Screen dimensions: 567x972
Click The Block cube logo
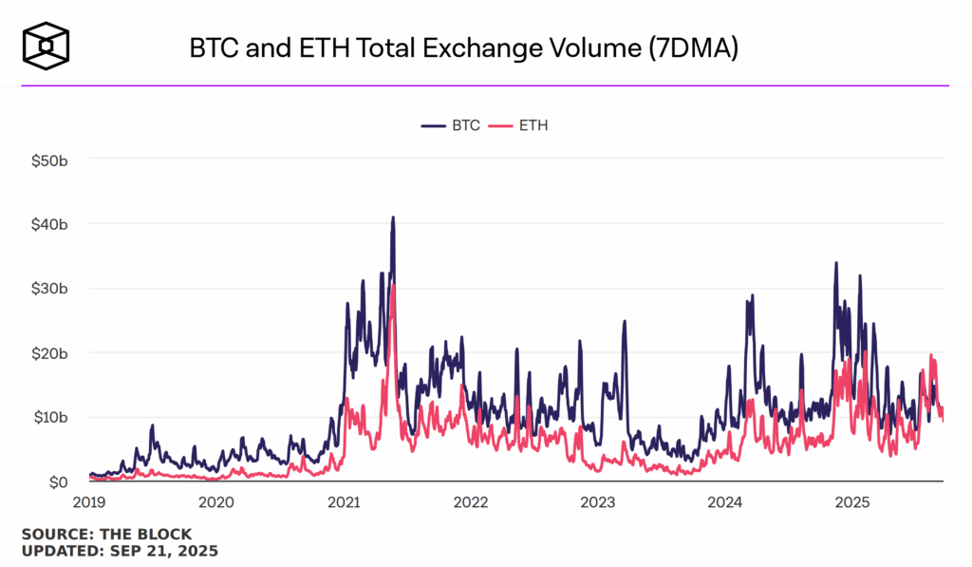click(x=47, y=44)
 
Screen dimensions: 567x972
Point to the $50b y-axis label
click(x=48, y=159)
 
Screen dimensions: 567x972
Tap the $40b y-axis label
click(x=48, y=223)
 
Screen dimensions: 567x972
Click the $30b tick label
click(x=48, y=288)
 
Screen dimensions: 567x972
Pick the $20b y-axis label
click(x=48, y=352)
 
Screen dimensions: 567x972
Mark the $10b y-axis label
click(x=48, y=417)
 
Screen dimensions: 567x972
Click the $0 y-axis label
click(x=56, y=482)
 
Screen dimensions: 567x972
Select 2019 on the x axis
click(x=89, y=501)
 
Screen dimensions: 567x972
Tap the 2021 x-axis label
click(x=344, y=501)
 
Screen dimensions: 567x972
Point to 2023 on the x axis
click(x=598, y=501)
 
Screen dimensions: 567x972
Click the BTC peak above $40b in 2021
click(x=393, y=217)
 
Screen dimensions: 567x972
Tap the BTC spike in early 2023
click(x=625, y=322)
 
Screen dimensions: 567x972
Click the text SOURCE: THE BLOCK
click(x=106, y=534)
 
